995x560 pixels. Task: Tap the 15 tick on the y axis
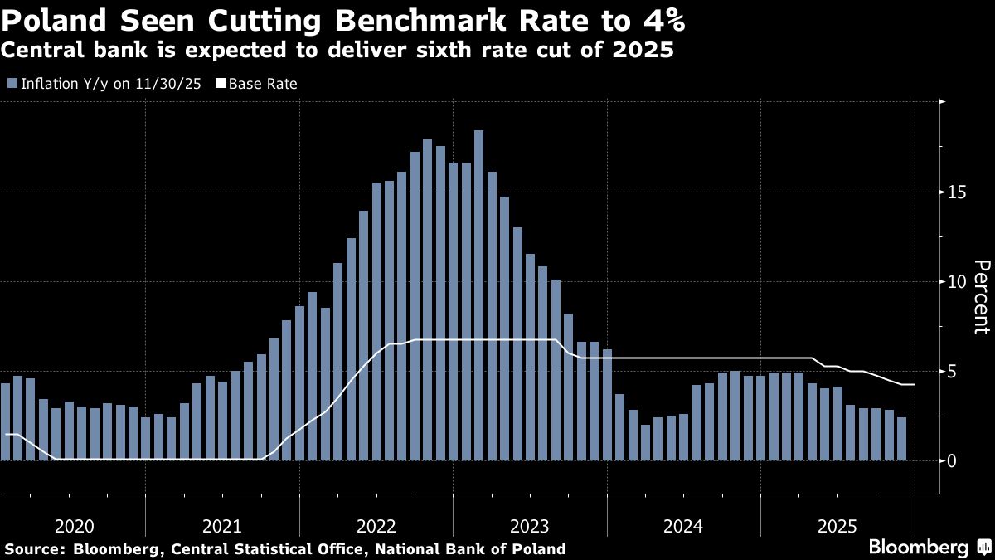(955, 192)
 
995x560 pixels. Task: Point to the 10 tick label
(955, 281)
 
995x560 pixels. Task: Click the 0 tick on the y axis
(951, 460)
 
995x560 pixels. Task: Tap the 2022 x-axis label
(376, 527)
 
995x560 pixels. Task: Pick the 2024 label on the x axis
(682, 527)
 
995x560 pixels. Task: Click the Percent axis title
(981, 296)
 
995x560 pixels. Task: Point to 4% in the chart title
(658, 18)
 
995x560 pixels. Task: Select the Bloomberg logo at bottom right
(918, 547)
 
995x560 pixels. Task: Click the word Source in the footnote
(33, 548)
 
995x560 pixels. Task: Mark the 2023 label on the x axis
(529, 527)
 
